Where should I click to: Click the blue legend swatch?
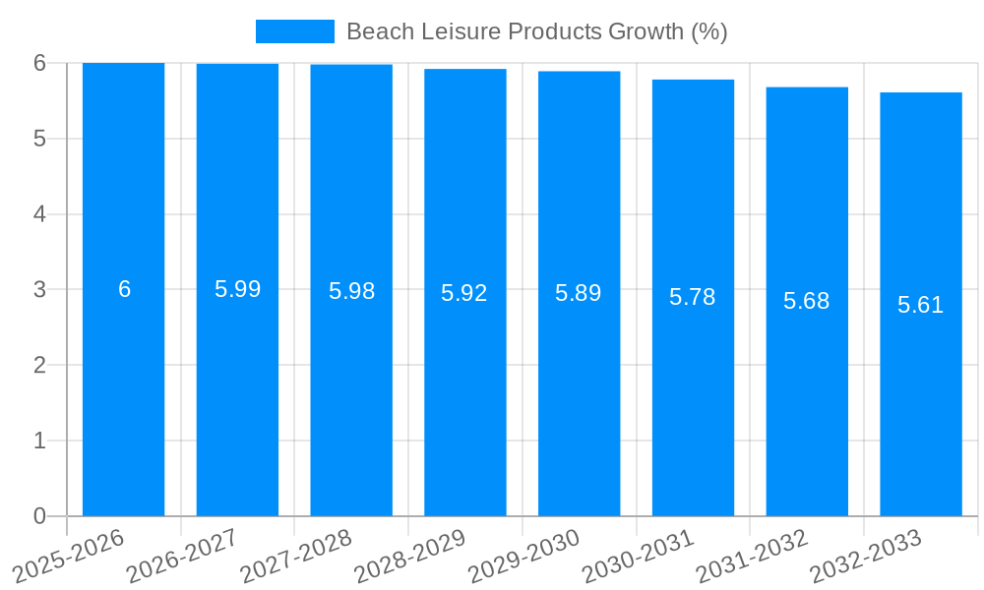294,31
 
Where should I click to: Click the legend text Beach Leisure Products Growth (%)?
536,31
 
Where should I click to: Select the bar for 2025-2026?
123,393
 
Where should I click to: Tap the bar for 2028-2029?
465,393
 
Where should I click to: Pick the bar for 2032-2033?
921,393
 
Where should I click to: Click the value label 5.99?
237,289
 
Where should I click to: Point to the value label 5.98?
351,291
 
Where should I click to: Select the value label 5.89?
579,293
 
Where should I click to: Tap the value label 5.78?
693,297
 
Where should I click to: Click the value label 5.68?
807,301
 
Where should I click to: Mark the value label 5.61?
921,305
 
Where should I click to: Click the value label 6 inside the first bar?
124,289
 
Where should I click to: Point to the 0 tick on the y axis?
39,516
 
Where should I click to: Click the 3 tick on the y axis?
39,290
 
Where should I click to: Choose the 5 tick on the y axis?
39,139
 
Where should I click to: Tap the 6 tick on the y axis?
39,63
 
